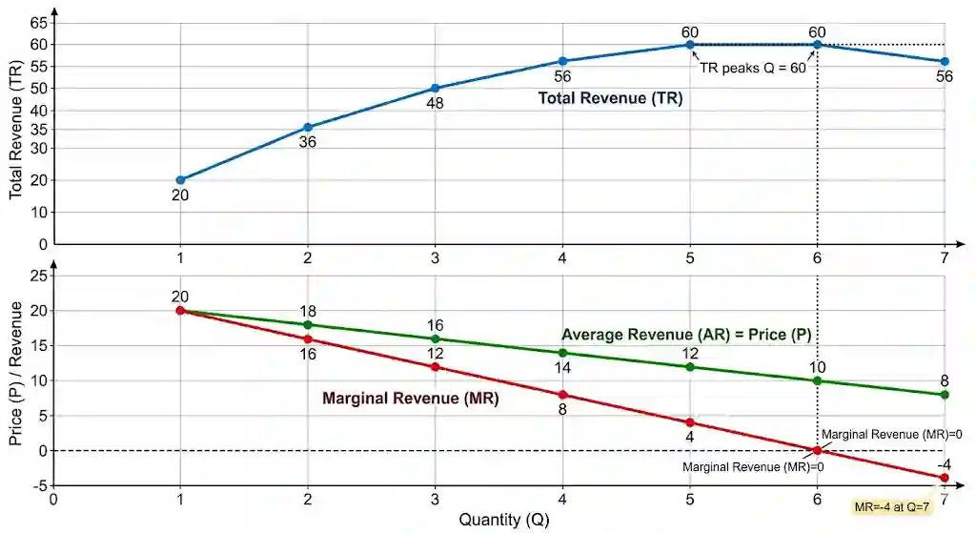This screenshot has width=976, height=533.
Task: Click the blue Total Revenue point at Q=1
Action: (180, 180)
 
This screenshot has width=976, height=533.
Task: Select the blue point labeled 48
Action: (435, 89)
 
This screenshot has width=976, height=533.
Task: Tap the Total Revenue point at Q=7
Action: (945, 62)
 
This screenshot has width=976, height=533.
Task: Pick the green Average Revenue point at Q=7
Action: (945, 395)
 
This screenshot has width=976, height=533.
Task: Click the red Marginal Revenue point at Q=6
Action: (817, 450)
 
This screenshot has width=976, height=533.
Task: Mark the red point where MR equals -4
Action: (945, 479)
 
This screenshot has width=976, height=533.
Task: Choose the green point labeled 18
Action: (308, 324)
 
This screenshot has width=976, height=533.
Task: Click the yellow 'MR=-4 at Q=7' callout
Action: (891, 507)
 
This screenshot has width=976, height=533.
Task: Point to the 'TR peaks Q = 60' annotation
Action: (753, 68)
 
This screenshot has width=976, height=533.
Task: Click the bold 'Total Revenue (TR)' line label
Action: (610, 98)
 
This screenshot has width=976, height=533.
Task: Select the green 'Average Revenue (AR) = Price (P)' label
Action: (686, 335)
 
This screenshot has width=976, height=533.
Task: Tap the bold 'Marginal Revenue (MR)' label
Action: (410, 398)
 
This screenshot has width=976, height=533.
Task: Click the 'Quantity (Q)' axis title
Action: (504, 520)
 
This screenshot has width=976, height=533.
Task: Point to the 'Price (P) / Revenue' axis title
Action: (15, 374)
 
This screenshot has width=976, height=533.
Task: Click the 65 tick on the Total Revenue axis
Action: (38, 23)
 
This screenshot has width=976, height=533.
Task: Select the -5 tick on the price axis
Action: (39, 485)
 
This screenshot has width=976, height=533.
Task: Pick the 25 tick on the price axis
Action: (38, 276)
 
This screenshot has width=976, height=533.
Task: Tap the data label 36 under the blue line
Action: (308, 142)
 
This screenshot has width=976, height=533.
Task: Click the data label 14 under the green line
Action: (562, 368)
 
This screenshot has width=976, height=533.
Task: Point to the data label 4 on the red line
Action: (690, 437)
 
